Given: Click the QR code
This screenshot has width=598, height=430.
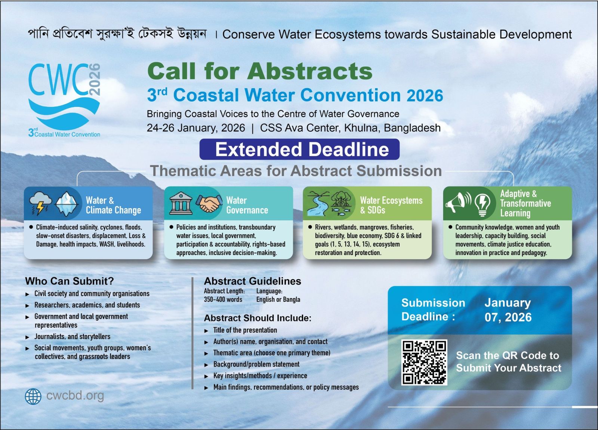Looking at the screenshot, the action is coord(424,362).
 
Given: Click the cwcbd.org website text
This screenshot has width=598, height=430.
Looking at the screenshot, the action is coord(75,396).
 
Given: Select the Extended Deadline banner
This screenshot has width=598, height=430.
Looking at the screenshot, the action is coord(299,149).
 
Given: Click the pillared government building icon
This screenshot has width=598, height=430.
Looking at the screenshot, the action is coord(181,203).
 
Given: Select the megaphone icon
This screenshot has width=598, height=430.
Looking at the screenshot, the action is coord(458,203).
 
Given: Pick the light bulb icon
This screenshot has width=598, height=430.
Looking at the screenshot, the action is coord(483,205).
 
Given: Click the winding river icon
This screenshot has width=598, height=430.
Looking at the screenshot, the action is coord(318,203).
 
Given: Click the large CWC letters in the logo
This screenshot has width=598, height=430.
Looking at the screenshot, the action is coord(58,80).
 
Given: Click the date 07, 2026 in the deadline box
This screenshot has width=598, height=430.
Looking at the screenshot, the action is coord(508,317).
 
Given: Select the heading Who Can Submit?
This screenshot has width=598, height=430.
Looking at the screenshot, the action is coord(70,281).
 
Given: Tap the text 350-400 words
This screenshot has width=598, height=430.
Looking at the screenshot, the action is coord(223,300).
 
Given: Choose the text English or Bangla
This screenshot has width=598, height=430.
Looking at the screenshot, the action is coord(278,300).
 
